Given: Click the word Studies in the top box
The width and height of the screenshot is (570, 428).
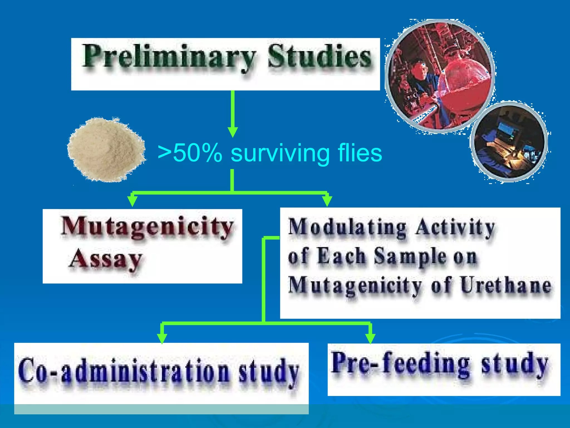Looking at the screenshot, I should [319, 57].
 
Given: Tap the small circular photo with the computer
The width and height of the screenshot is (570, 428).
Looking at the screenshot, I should [509, 142].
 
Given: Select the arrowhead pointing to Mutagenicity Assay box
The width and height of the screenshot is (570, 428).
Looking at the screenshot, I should [132, 200].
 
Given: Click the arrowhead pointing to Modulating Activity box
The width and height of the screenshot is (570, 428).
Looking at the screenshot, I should [327, 200].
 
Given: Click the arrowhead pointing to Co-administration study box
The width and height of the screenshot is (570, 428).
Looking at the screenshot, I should [162, 338].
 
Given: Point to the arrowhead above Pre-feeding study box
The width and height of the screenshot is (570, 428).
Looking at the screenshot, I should [370, 338].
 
